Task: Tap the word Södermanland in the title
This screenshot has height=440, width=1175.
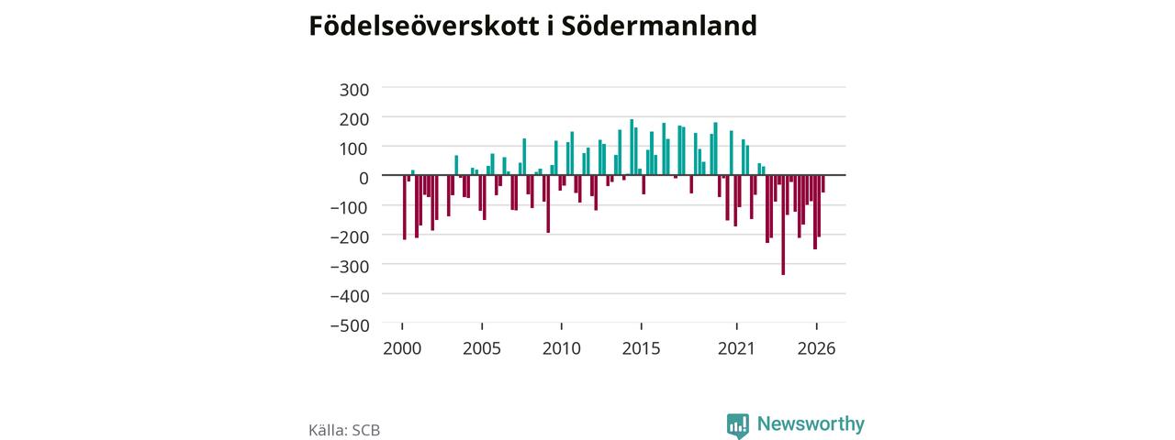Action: tap(659, 26)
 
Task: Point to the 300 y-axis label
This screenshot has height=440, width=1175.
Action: tap(354, 90)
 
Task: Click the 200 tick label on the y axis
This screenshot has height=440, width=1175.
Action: tap(354, 119)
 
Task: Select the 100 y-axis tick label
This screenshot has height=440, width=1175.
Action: tap(354, 148)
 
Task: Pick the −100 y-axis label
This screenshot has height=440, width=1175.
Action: tap(350, 208)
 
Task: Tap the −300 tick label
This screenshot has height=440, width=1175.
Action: tap(350, 267)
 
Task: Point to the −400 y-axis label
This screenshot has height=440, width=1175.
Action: tap(350, 296)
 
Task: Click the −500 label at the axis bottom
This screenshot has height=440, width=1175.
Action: tap(350, 325)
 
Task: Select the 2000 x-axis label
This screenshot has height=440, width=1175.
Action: tap(402, 348)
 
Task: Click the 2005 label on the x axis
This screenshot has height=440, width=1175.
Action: tap(482, 348)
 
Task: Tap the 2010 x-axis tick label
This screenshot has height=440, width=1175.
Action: tap(562, 348)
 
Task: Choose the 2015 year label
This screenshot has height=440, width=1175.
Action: tap(642, 348)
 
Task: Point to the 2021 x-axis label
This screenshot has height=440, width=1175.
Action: tap(736, 348)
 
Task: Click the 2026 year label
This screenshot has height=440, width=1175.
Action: tap(817, 348)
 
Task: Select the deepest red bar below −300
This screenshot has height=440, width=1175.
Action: tap(783, 225)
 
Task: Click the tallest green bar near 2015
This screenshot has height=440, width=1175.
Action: tap(632, 148)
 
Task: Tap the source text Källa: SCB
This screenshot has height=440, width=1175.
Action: tap(344, 430)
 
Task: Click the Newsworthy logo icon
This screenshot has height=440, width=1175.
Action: tap(737, 425)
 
